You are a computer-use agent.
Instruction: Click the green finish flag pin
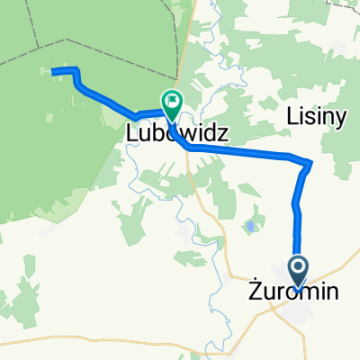[170, 103]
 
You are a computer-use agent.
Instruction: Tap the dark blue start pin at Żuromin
[299, 266]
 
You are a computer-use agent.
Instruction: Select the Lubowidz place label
[175, 133]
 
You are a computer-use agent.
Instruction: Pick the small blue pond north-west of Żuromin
[248, 226]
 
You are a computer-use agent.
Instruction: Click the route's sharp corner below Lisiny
[309, 163]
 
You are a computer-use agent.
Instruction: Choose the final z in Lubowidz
[222, 133]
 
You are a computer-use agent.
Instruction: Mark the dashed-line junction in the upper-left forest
[66, 40]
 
